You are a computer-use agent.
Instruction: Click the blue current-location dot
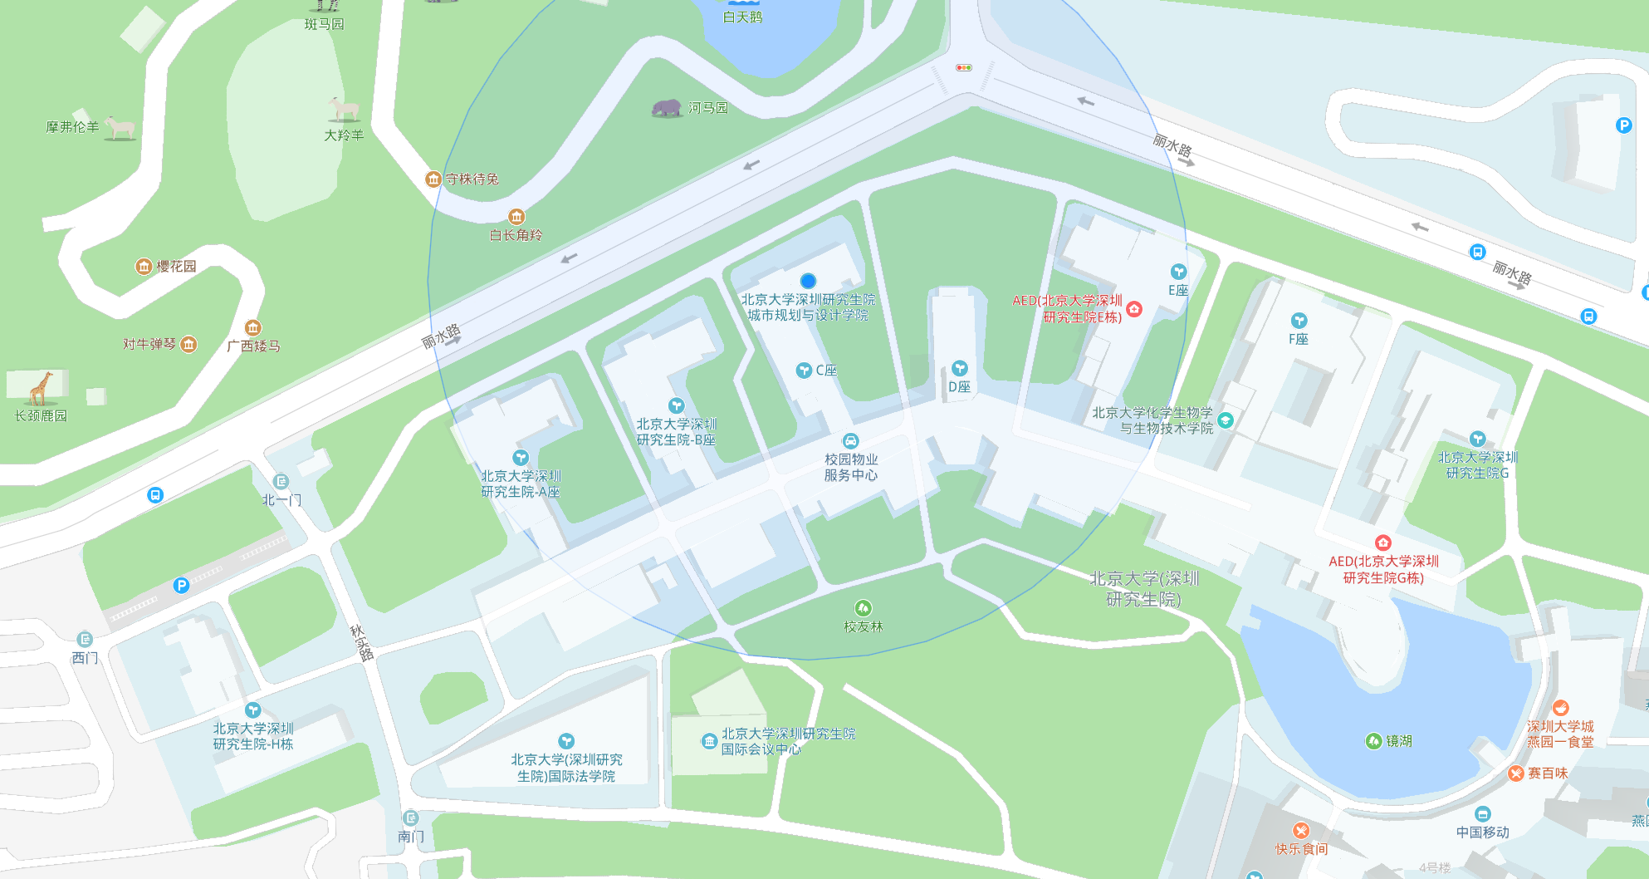point(808,281)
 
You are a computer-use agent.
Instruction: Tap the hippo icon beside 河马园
point(667,108)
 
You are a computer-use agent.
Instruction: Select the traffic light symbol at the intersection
point(964,67)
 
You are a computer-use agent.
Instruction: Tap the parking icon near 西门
point(181,585)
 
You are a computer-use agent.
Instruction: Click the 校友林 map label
point(864,626)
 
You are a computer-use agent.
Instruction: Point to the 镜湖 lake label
point(1398,741)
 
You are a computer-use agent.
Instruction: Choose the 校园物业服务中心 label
point(850,467)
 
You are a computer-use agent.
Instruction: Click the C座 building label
point(825,371)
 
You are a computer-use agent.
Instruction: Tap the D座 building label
point(959,386)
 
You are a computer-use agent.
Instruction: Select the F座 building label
point(1299,339)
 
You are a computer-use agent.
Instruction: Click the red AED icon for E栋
point(1134,309)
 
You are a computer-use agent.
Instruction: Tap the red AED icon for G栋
point(1382,543)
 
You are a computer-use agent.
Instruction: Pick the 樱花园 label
point(176,266)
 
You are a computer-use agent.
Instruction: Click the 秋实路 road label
point(362,643)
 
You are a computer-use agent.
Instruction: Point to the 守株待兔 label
point(472,179)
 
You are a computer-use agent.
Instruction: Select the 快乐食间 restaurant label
point(1301,848)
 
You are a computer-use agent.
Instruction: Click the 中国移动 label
point(1482,832)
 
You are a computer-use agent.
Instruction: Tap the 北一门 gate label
point(281,499)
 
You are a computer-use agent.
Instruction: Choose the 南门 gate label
point(411,836)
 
